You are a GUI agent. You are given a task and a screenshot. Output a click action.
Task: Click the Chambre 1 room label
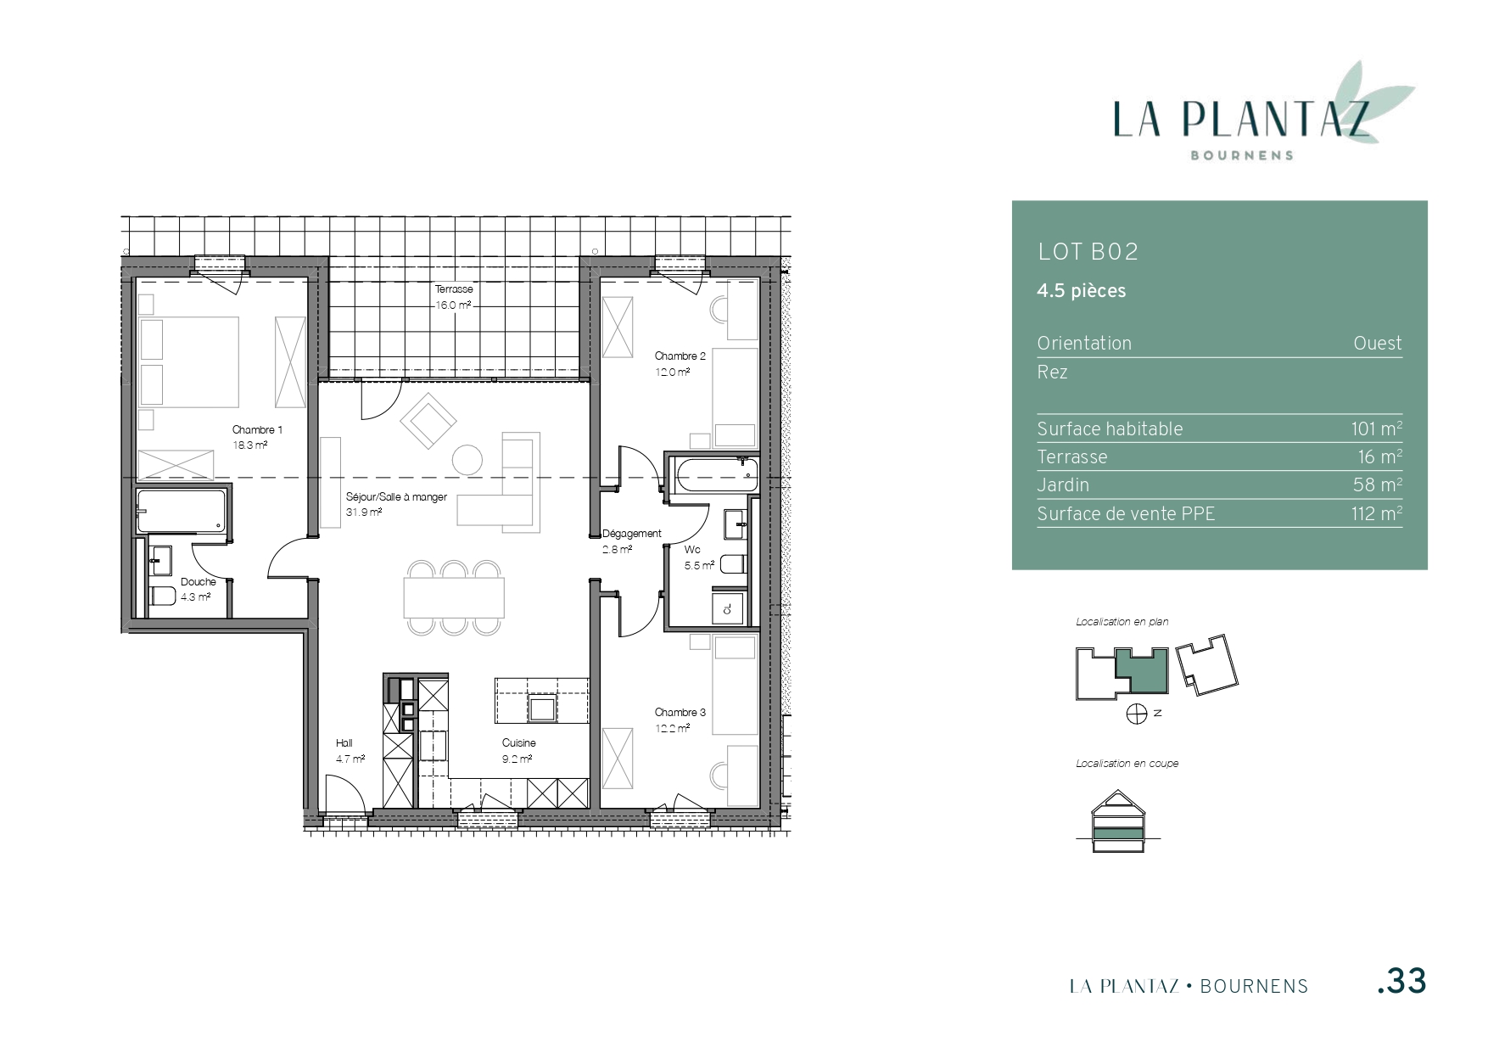pyautogui.click(x=257, y=430)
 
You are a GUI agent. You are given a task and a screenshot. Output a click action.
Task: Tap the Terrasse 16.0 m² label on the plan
pyautogui.click(x=454, y=297)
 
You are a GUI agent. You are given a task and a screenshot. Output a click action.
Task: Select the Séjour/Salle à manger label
pyautogui.click(x=396, y=497)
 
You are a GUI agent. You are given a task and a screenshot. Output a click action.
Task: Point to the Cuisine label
pyautogui.click(x=518, y=743)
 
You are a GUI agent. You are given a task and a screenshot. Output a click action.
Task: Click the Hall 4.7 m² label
pyautogui.click(x=350, y=751)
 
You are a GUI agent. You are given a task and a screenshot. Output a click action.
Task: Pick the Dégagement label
pyautogui.click(x=631, y=534)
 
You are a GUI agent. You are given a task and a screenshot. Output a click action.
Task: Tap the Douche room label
pyautogui.click(x=199, y=582)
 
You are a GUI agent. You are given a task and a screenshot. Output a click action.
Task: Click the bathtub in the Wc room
pyautogui.click(x=713, y=473)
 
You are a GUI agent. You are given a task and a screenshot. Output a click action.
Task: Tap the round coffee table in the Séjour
pyautogui.click(x=467, y=459)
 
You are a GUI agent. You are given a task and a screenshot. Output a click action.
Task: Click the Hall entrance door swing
pyautogui.click(x=346, y=795)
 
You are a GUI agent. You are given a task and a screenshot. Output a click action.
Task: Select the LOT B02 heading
pyautogui.click(x=1088, y=252)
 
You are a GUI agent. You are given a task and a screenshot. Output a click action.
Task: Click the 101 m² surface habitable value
pyautogui.click(x=1376, y=428)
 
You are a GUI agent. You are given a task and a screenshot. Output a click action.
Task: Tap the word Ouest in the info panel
pyautogui.click(x=1378, y=343)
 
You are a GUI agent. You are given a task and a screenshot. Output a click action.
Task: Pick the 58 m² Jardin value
pyautogui.click(x=1378, y=484)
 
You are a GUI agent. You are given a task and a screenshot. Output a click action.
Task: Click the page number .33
pyautogui.click(x=1401, y=981)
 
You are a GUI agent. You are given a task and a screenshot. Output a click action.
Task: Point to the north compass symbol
pyautogui.click(x=1137, y=714)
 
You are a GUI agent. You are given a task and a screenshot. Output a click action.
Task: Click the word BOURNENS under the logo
pyautogui.click(x=1242, y=155)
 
